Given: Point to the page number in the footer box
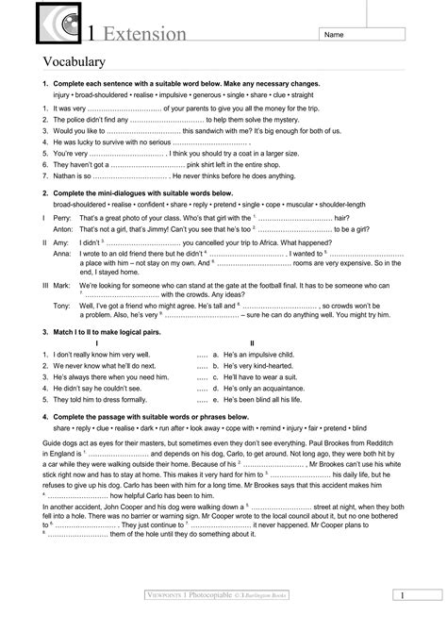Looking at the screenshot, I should point(401,621).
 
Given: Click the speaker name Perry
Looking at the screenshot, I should point(63,218).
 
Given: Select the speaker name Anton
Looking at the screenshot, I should point(64,229).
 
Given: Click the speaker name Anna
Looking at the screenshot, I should point(63,254).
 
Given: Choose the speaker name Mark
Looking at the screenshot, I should point(62,284).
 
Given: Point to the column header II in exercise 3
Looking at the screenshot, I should point(251,342).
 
